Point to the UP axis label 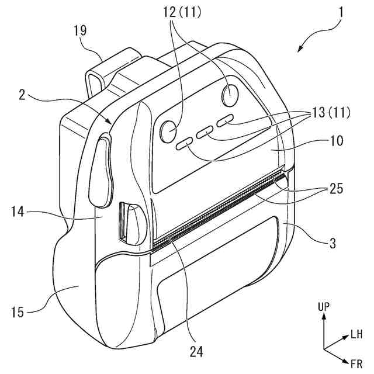point(324,307)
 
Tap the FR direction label point(356,365)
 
